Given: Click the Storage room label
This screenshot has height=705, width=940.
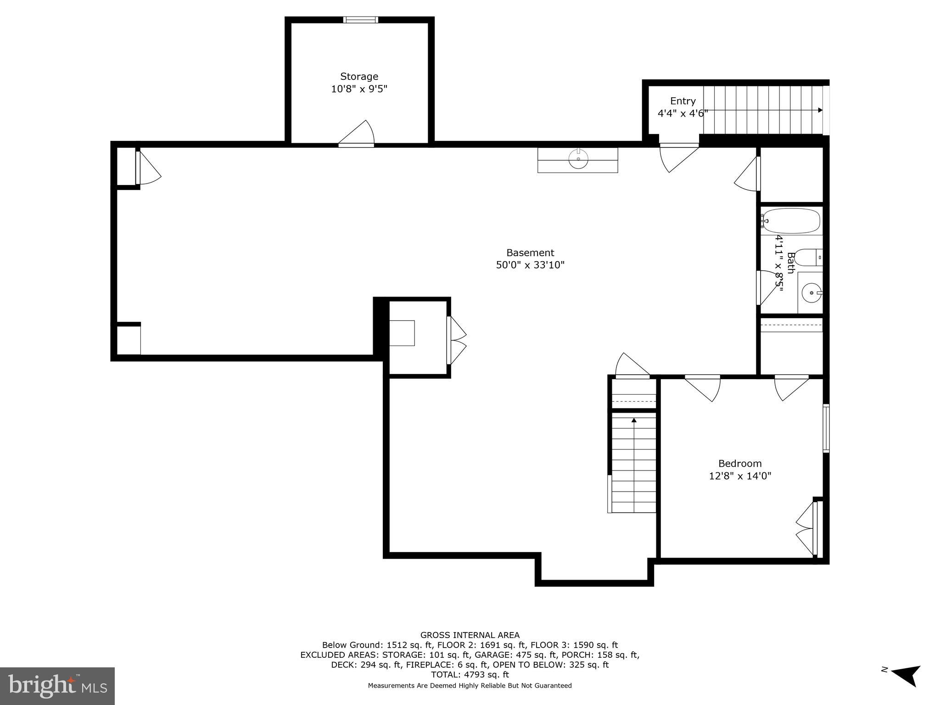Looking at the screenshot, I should (x=359, y=77).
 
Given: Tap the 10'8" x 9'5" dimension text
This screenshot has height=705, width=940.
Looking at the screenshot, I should (x=359, y=89).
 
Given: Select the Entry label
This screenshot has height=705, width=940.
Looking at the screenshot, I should (x=683, y=101).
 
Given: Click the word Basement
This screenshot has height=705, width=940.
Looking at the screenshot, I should (x=530, y=252).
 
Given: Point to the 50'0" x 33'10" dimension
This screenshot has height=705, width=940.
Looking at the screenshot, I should (x=530, y=265).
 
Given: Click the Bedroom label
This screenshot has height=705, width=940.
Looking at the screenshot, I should (x=740, y=464).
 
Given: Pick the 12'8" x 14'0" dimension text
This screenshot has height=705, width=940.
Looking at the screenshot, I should (x=740, y=476).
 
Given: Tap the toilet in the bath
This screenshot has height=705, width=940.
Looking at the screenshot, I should (x=809, y=257).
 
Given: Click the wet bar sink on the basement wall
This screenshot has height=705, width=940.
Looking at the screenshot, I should (x=578, y=160).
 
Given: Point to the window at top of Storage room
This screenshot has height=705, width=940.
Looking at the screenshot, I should (x=360, y=20).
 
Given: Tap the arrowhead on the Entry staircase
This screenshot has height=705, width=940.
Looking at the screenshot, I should (x=820, y=110).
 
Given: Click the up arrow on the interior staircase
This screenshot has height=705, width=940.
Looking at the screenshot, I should (x=634, y=420).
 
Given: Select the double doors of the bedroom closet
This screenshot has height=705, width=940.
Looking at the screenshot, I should (x=807, y=528).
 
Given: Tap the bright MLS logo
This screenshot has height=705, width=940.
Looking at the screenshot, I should (x=57, y=686).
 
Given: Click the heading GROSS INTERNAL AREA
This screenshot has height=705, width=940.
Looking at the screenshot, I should (x=470, y=635).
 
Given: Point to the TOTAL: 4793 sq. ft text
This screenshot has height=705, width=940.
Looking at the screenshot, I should (x=470, y=675).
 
